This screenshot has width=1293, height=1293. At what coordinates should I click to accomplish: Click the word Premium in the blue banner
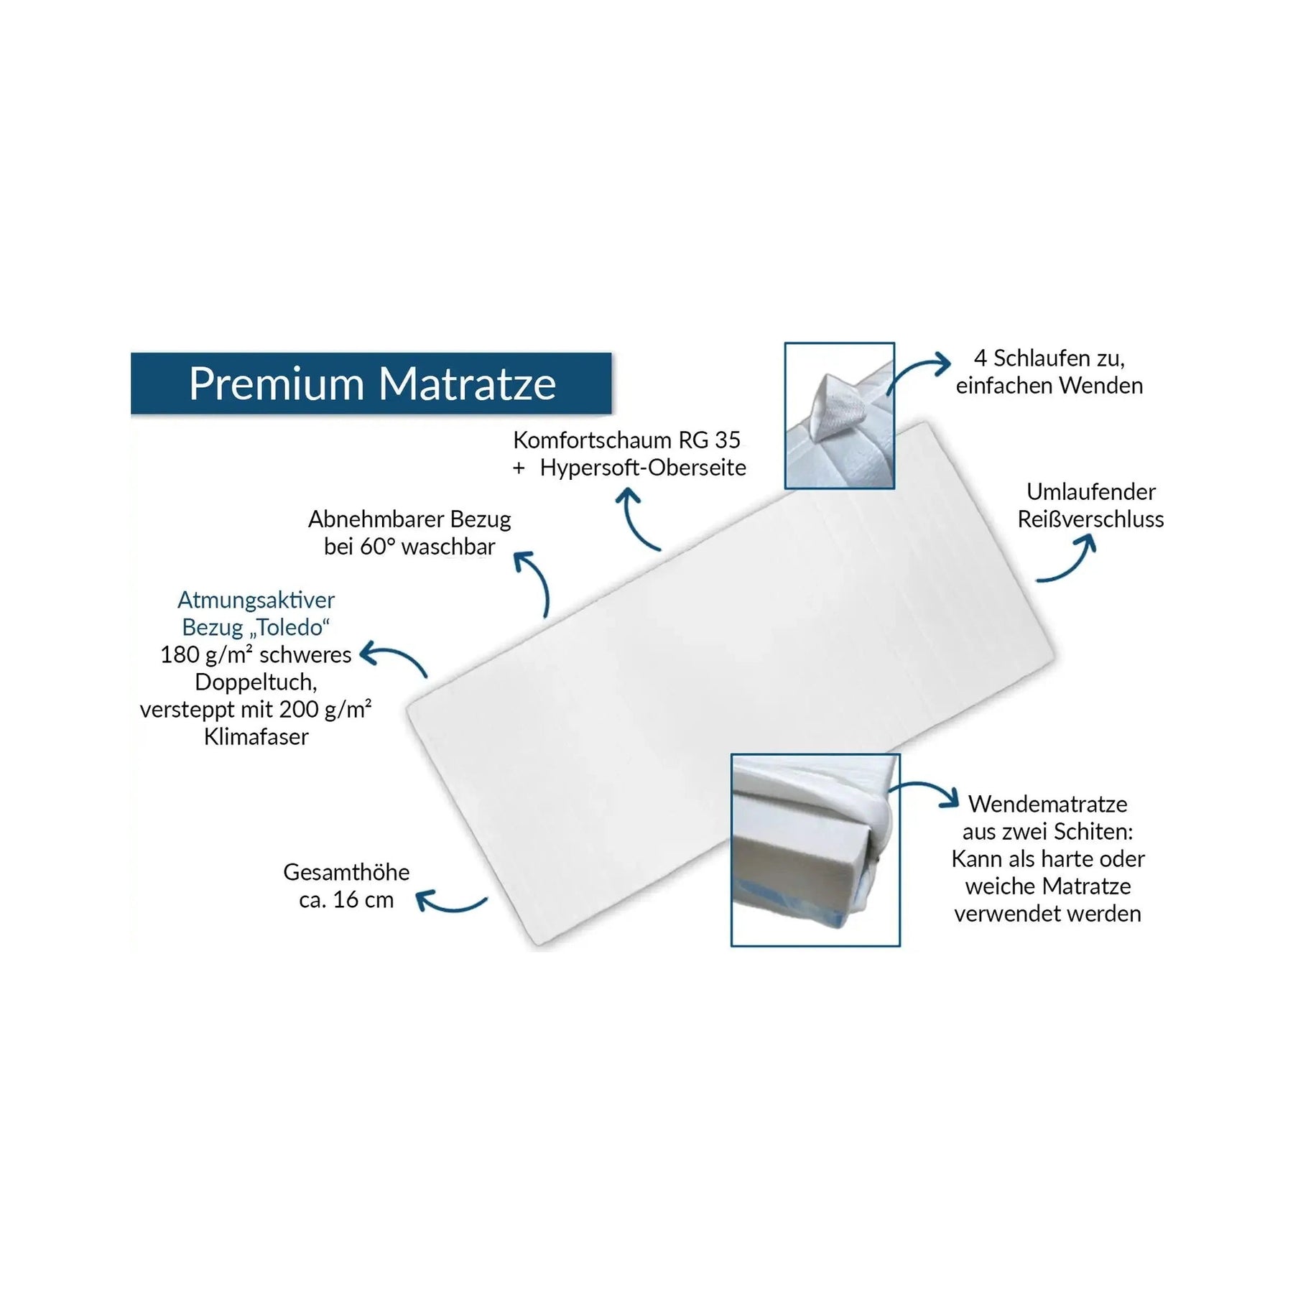coord(277,384)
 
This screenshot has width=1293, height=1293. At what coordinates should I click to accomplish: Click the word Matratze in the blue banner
coord(467,384)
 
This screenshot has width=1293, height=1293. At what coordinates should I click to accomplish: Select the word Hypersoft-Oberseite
coord(643,468)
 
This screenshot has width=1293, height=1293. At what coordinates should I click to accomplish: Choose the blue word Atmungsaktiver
coord(256,600)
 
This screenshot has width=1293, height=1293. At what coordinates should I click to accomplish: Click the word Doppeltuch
coord(256,682)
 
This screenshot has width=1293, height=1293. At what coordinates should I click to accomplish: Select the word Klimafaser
coord(256,736)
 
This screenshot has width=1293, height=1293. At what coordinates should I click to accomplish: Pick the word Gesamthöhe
coord(346,872)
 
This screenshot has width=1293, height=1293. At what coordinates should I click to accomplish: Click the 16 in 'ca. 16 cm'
coord(346,899)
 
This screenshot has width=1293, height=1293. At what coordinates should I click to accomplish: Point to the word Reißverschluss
coord(1090,519)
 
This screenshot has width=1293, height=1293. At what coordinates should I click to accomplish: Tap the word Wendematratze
coord(1048,804)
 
